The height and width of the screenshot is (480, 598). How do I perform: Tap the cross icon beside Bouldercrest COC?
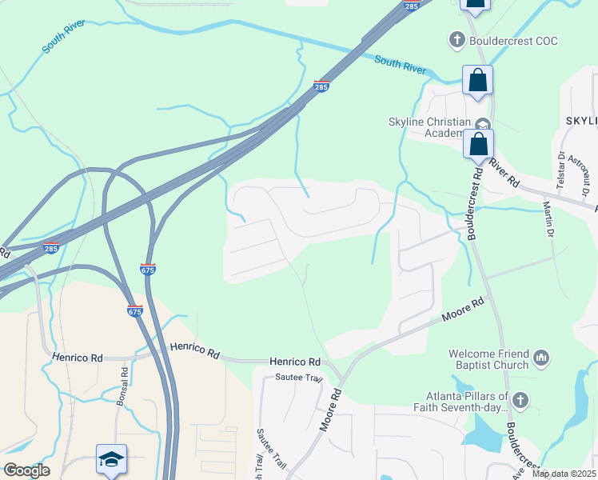click(x=456, y=40)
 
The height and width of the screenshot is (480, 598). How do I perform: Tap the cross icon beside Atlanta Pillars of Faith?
click(x=520, y=399)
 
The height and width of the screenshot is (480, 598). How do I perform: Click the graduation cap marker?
click(x=112, y=460)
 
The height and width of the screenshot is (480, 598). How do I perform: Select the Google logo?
click(x=26, y=470)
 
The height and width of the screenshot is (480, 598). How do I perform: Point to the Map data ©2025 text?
click(x=564, y=474)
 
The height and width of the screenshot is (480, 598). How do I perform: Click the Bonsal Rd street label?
click(x=122, y=387)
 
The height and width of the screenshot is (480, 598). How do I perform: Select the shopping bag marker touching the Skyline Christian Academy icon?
click(x=479, y=145)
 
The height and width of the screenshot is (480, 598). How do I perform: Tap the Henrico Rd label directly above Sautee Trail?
click(x=294, y=362)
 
